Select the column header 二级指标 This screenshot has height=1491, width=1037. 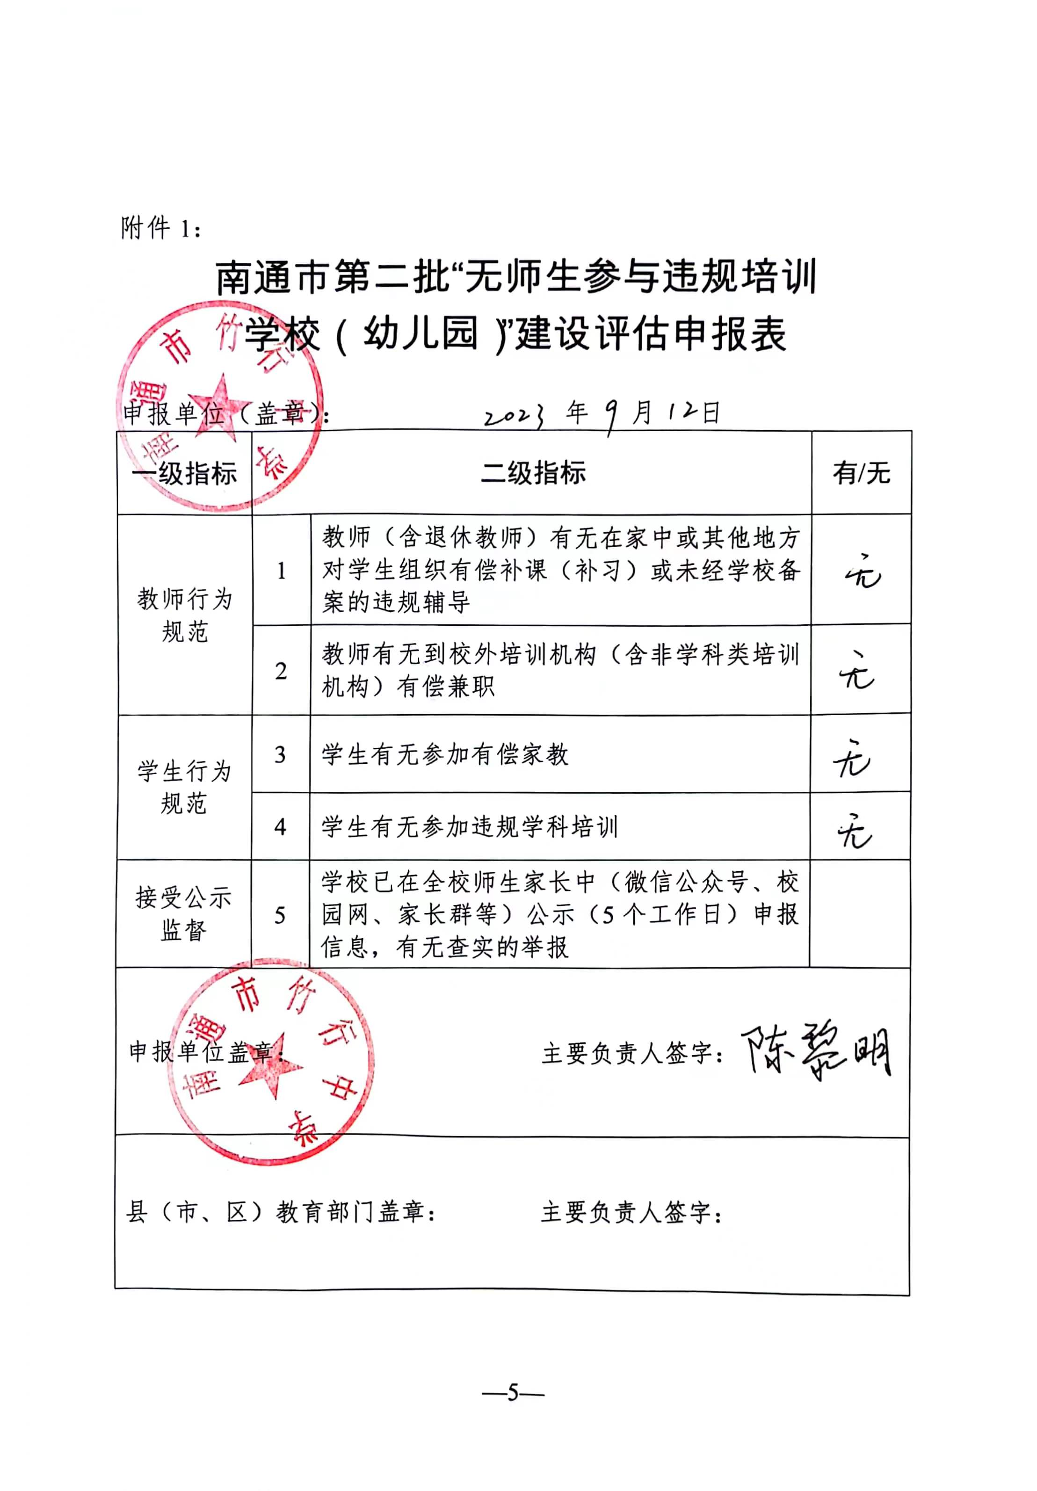532,472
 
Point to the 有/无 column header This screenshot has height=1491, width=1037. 861,473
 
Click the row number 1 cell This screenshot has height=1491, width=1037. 281,570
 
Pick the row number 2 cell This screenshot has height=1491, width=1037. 281,670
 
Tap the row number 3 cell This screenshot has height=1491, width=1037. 280,754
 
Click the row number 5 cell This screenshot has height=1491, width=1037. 280,914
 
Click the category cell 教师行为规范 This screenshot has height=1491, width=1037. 184,615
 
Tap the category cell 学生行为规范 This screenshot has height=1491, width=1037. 184,787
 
